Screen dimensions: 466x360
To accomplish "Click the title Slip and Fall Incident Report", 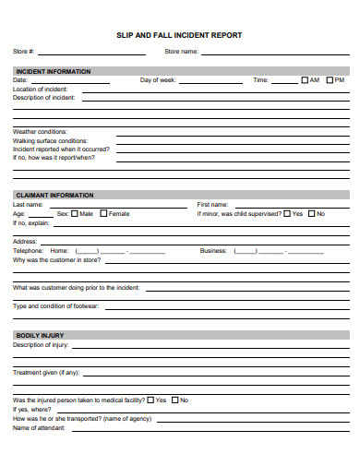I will click(179, 35).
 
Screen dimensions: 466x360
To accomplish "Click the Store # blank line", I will click(91, 54).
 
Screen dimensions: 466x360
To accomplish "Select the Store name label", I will click(181, 52).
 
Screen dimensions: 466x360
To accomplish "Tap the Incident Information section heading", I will click(53, 71).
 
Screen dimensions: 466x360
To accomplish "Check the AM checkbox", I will click(304, 80).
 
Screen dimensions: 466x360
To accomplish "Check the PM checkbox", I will click(329, 80).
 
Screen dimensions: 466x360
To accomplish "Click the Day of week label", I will click(158, 80).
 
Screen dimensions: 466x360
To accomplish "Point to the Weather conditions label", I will click(40, 132).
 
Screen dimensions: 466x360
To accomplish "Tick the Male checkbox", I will click(75, 213).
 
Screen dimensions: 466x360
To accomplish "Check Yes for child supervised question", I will click(286, 213).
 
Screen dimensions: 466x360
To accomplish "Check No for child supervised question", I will click(311, 213).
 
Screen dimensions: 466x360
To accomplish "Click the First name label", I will click(212, 204).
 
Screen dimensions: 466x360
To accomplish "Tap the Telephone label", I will click(28, 251).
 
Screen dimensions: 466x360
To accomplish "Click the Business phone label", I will click(213, 251).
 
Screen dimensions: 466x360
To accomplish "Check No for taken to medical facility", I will click(174, 400).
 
